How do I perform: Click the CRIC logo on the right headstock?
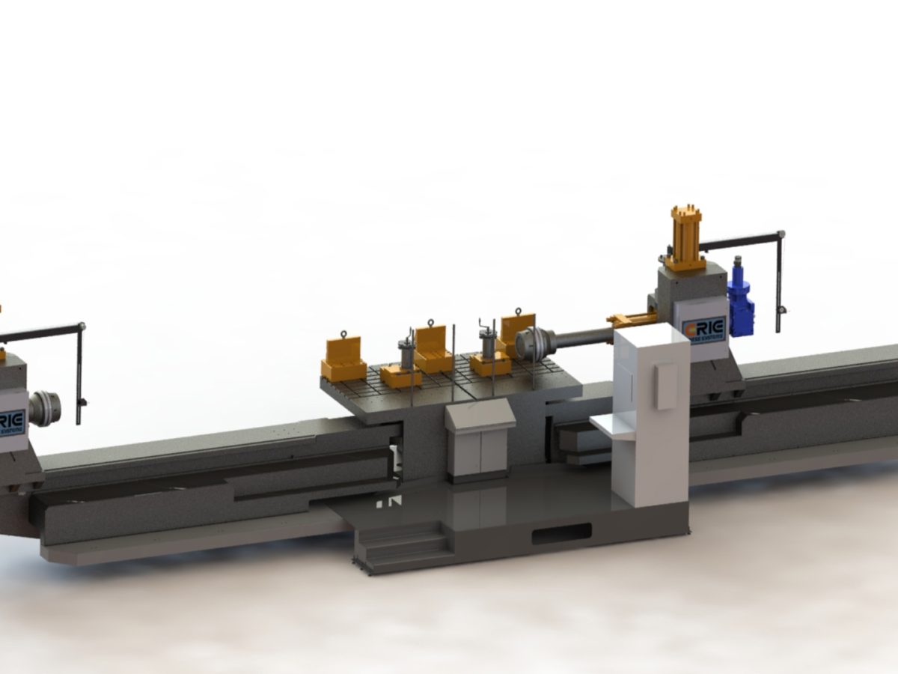click(x=704, y=328)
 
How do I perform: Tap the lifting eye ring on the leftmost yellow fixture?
click(x=343, y=334)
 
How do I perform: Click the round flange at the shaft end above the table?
click(x=530, y=343)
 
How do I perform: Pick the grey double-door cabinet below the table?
click(x=479, y=442)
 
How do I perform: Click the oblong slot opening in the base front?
click(x=561, y=535)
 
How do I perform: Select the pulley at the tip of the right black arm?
click(x=781, y=234)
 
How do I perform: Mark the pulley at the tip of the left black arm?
click(x=81, y=327)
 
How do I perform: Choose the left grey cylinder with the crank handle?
click(x=409, y=352)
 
